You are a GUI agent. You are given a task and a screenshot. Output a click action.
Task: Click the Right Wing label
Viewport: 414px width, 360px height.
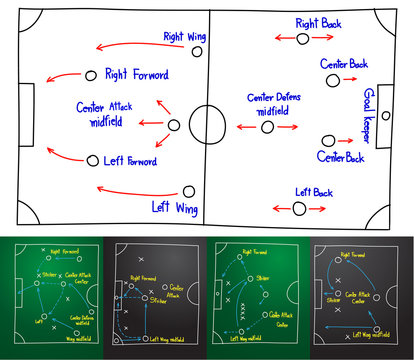pos(185,36)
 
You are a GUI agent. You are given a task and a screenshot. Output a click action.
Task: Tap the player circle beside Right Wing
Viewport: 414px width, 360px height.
pos(197,50)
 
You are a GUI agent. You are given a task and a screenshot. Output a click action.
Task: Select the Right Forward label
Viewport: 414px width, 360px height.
pos(136,73)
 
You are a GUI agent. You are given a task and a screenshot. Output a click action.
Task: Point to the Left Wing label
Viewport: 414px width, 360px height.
pos(173,207)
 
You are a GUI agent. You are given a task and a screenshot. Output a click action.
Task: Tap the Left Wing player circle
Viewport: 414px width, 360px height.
pos(190,189)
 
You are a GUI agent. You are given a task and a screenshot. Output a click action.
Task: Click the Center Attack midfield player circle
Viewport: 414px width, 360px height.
pos(173,126)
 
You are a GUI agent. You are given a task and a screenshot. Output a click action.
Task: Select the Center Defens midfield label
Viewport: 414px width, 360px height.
pos(274,104)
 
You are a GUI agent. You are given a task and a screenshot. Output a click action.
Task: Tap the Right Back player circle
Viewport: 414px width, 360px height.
pos(304,38)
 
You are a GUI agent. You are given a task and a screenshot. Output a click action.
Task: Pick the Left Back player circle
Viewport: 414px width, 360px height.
pos(298,208)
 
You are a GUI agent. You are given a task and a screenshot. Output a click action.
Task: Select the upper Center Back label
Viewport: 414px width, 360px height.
pos(343,64)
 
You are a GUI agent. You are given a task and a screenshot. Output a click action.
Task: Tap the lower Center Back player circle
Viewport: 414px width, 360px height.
pos(327,141)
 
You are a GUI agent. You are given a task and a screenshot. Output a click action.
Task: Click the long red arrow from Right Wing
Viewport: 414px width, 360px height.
pos(135,44)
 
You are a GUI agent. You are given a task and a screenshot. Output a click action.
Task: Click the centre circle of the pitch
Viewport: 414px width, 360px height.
pos(207,125)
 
